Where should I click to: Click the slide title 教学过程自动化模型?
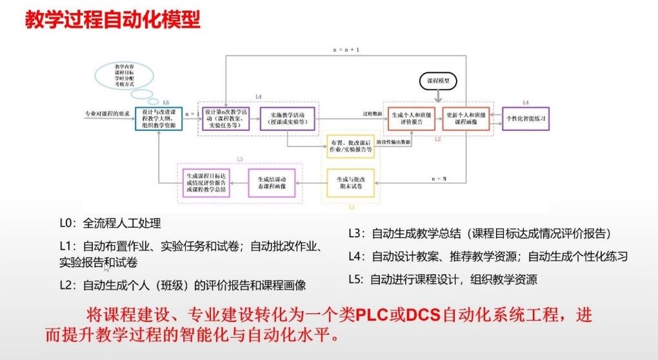tap(112, 19)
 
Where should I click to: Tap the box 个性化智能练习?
tap(526, 119)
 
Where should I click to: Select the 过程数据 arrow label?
tap(372, 114)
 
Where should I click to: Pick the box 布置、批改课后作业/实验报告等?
tap(350, 146)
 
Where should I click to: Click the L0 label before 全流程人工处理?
tap(66, 223)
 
